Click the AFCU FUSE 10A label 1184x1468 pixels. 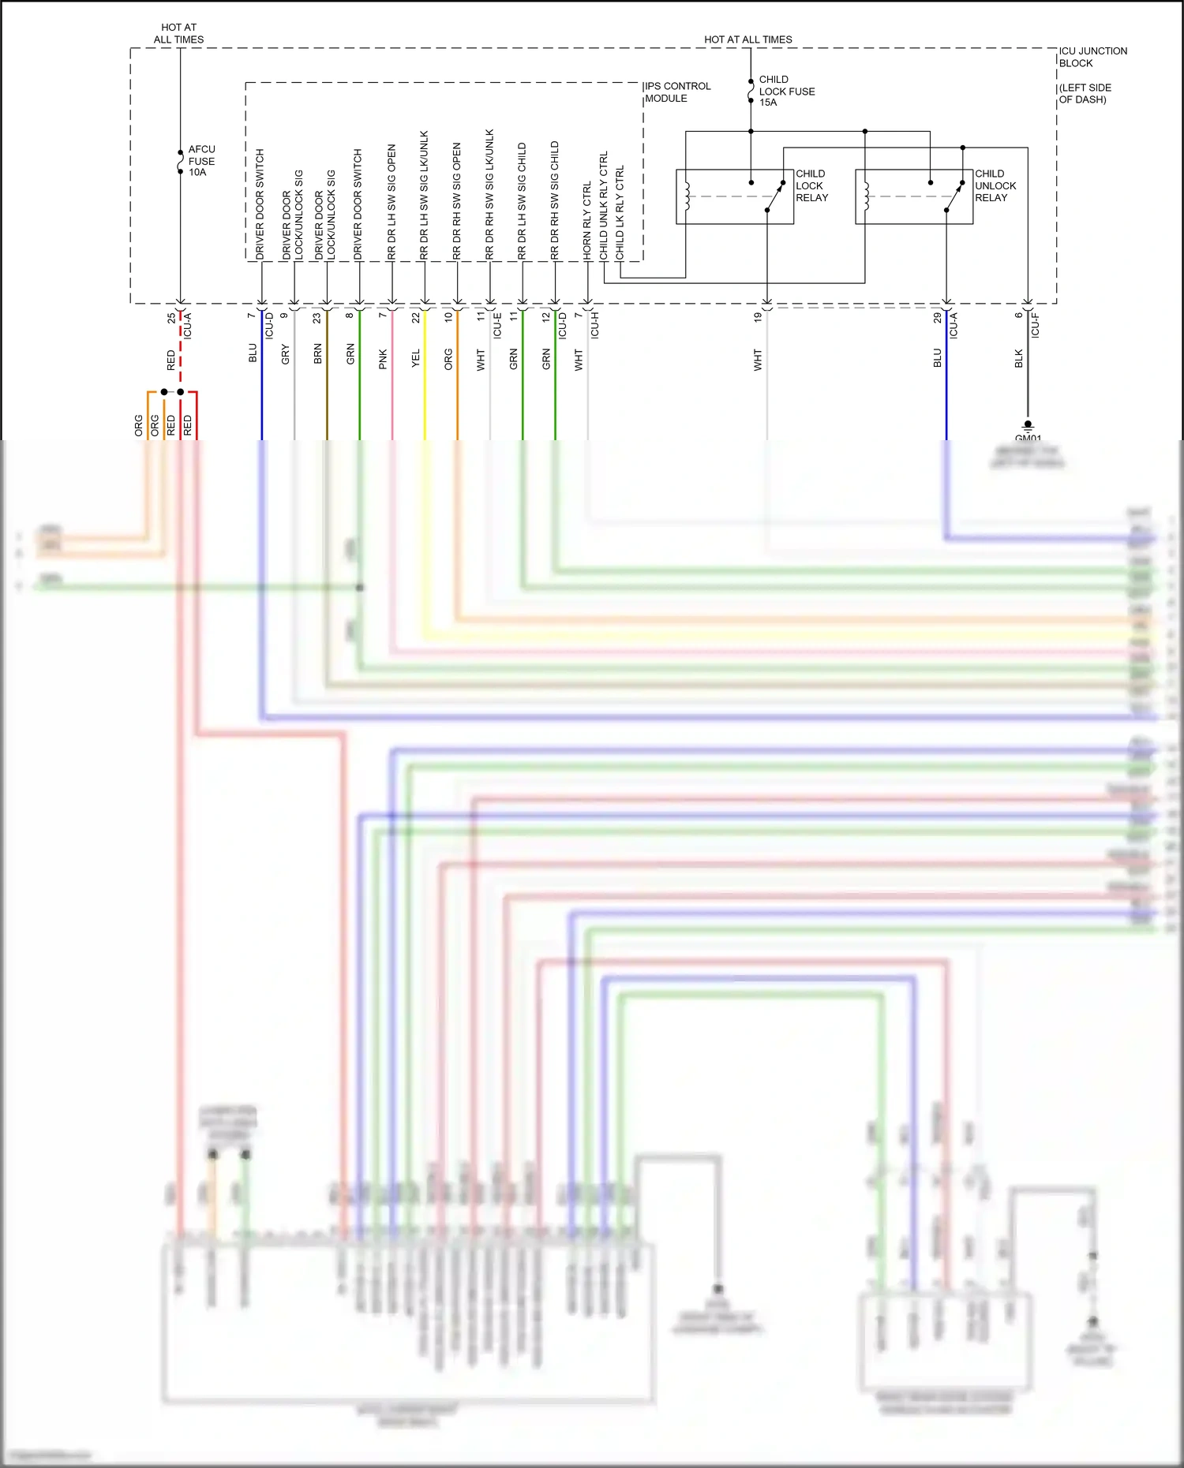click(200, 161)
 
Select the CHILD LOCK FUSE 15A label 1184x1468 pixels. click(785, 91)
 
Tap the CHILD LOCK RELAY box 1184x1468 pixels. click(734, 196)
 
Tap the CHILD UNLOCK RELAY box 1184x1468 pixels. click(913, 196)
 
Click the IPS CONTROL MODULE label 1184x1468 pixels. click(677, 92)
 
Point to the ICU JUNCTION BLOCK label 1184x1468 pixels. click(1092, 57)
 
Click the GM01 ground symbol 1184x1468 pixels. click(1028, 427)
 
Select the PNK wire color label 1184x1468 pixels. click(384, 359)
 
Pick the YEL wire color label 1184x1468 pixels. click(416, 359)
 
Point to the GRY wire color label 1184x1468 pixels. click(286, 354)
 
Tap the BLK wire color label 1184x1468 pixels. click(1018, 358)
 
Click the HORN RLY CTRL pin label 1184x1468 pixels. click(587, 221)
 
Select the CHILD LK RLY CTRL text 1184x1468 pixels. click(620, 212)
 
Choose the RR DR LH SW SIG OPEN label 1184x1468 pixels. click(392, 202)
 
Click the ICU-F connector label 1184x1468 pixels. click(1035, 325)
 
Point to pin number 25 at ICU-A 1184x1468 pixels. click(171, 318)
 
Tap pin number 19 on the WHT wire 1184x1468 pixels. click(758, 317)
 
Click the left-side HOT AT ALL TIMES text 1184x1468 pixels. click(179, 33)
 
